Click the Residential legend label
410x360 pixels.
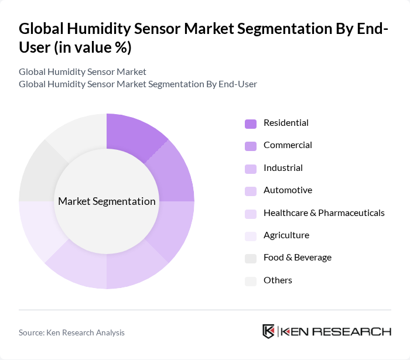tap(286, 123)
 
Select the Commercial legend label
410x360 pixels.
tap(288, 145)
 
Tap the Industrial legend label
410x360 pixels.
tap(283, 168)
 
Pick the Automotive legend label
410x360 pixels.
tap(288, 190)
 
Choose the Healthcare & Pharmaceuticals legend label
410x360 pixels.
tap(324, 212)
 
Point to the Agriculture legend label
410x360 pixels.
tap(286, 235)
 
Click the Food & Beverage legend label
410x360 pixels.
tap(298, 258)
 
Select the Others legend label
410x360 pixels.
tap(278, 280)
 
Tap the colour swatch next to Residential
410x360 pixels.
tap(251, 124)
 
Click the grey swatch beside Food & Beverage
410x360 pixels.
tap(251, 258)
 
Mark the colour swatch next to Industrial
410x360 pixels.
tap(251, 169)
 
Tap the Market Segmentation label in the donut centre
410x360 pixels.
tap(107, 201)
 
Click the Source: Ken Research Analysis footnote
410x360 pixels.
tap(71, 332)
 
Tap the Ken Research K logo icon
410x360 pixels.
tap(269, 331)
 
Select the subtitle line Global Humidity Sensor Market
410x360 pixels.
tap(83, 71)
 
